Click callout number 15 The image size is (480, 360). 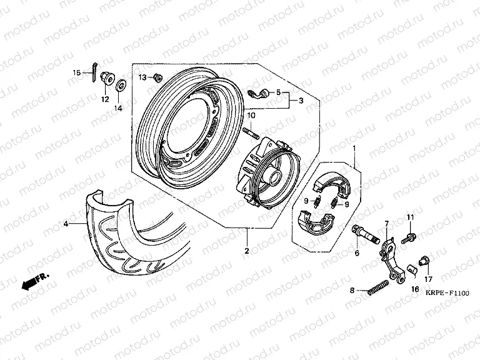tap(76, 73)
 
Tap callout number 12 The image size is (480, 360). tap(104, 99)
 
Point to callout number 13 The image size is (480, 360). tap(141, 77)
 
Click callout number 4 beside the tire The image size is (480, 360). tap(65, 222)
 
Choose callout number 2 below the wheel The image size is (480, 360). tap(246, 251)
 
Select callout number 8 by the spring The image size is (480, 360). tap(352, 291)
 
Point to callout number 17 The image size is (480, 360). tap(429, 279)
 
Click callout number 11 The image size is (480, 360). tap(410, 217)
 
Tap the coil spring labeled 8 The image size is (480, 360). tap(376, 287)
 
